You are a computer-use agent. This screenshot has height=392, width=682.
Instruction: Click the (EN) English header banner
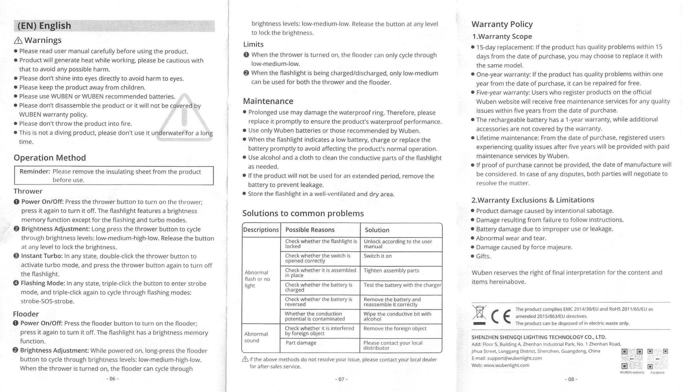pos(114,26)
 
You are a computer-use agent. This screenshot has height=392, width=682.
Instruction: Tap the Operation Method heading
pos(50,158)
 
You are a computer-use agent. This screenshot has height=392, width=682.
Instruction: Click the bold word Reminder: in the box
pos(35,171)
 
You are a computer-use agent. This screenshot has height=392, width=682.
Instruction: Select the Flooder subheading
pos(26,314)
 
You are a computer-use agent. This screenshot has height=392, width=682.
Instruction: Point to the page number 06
pos(112,379)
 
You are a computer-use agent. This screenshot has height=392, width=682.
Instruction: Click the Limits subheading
pos(253,44)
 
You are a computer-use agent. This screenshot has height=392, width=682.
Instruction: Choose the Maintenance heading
pos(268,101)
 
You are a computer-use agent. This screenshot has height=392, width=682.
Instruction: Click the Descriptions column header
pos(261,230)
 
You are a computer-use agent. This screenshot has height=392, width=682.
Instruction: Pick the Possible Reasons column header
pos(310,230)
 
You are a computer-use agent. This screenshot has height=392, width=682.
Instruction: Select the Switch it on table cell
pos(377,256)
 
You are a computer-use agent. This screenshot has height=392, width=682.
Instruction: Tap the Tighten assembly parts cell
pos(391,271)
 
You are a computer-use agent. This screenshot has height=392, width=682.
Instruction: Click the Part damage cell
pos(301,343)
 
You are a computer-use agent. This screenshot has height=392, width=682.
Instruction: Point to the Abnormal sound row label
pos(256,337)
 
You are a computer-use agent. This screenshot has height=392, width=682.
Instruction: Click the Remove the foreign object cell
pos(395,329)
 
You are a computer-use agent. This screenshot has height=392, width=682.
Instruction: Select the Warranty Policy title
pos(502,24)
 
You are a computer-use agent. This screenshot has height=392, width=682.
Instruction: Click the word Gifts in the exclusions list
pos(483,256)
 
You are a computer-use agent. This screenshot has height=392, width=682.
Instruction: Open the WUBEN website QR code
pos(632,359)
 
